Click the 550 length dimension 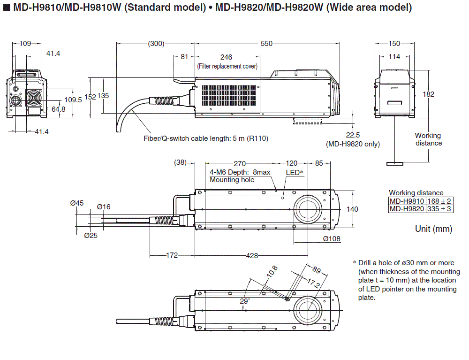[266, 44]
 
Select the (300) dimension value [156, 44]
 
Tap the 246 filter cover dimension [227, 57]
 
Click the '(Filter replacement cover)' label [227, 66]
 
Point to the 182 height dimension [428, 94]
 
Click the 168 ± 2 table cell [439, 201]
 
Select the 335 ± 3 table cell [439, 208]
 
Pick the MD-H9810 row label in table [407, 201]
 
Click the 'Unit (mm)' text [433, 229]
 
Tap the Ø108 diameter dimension [332, 239]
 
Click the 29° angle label [245, 300]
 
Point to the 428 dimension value [252, 255]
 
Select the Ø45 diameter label [77, 203]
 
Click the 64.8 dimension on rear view [59, 109]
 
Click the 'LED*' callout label [295, 172]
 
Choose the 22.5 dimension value [352, 136]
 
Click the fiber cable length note [206, 138]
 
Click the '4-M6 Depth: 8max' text [240, 172]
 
